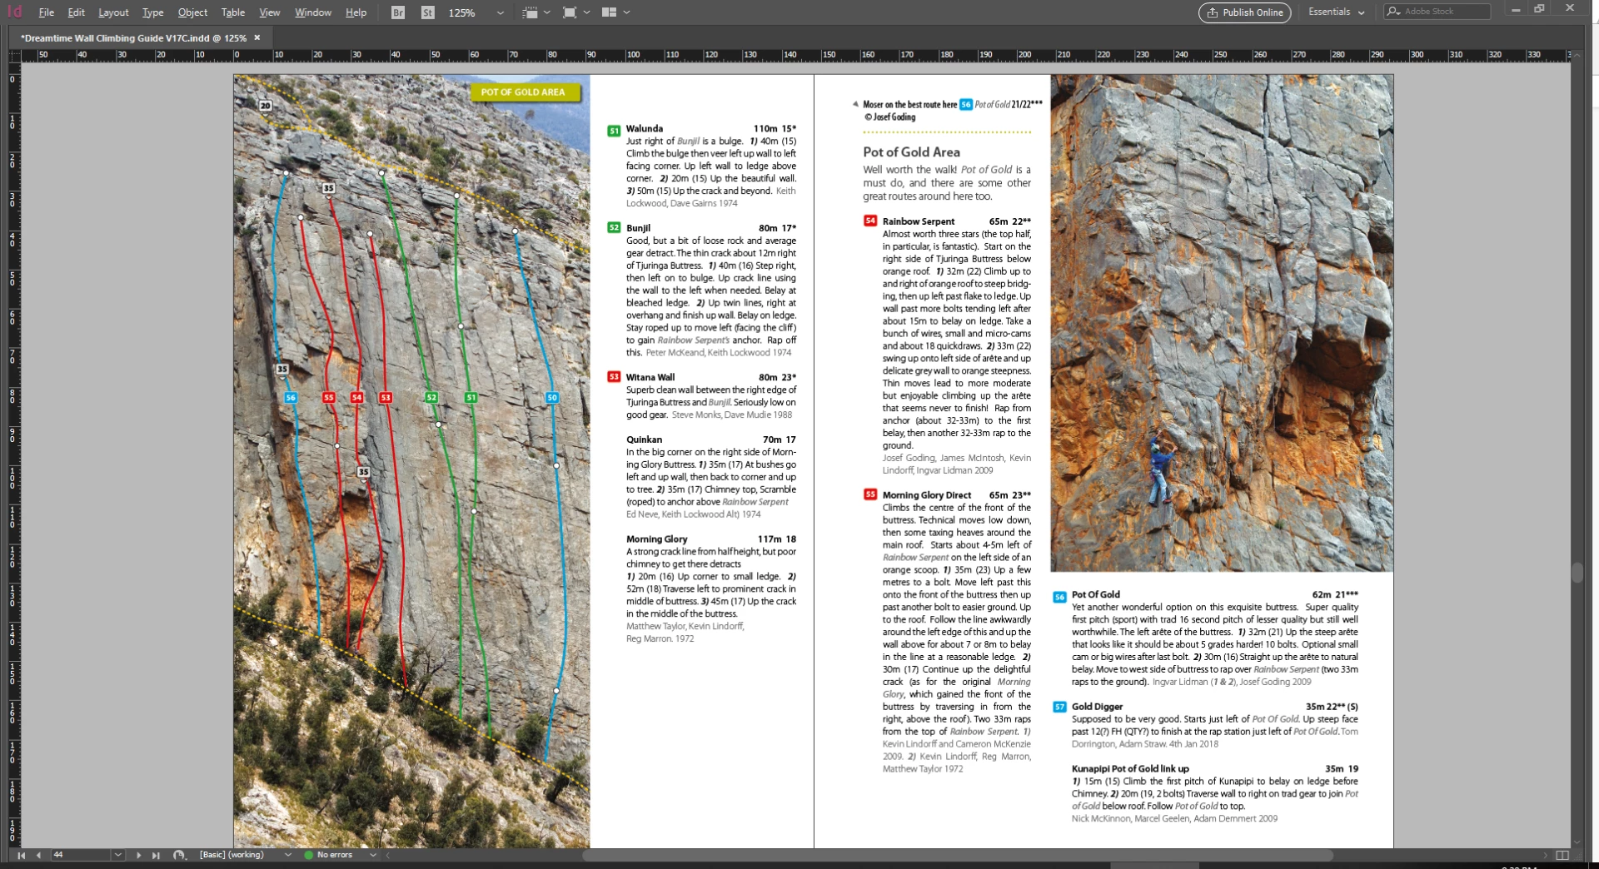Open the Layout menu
coord(113,12)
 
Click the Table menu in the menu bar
coord(233,12)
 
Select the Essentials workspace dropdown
coord(1335,12)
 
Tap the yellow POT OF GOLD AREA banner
coord(523,92)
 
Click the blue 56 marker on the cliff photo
coord(291,398)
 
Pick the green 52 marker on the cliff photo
coord(431,398)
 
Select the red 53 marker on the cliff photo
coord(386,398)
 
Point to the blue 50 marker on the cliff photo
coord(552,398)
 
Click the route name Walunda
coord(645,129)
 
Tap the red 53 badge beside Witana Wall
coord(614,377)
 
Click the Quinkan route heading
coord(644,439)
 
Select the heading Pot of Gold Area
coord(911,152)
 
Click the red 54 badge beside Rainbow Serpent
coord(870,221)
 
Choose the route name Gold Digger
coord(1097,707)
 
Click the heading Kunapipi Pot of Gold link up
coord(1130,769)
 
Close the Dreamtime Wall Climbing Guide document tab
coord(257,37)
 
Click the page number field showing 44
coord(79,855)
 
